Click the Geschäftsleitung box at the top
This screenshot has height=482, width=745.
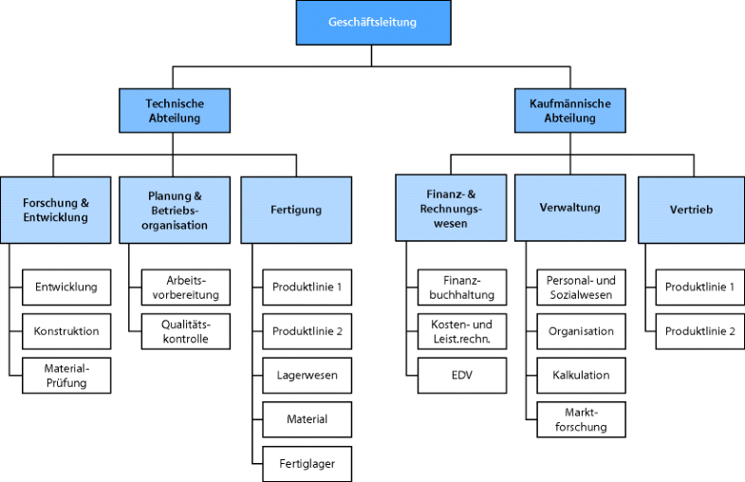(371, 22)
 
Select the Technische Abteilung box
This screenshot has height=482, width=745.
(175, 111)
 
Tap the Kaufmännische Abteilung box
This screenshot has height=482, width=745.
(569, 111)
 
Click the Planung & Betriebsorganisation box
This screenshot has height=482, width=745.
(175, 209)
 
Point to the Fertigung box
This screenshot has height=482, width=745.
(295, 209)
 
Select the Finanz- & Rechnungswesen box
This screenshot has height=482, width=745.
(450, 209)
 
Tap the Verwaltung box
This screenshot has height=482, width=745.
(569, 208)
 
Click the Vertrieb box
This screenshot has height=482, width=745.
(689, 209)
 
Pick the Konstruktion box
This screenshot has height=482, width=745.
(66, 331)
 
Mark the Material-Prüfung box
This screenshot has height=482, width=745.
(66, 376)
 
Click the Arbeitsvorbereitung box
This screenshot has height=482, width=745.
(186, 287)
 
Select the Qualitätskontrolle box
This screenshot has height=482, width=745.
(186, 331)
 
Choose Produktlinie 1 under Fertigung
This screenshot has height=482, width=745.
(307, 287)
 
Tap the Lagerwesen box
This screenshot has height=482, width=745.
(307, 376)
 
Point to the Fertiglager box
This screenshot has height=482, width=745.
(307, 463)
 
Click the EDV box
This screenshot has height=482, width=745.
(461, 376)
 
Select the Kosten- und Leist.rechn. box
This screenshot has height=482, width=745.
(461, 331)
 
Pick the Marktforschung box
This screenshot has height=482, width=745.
(581, 418)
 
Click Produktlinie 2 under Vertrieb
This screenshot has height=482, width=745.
(699, 331)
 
